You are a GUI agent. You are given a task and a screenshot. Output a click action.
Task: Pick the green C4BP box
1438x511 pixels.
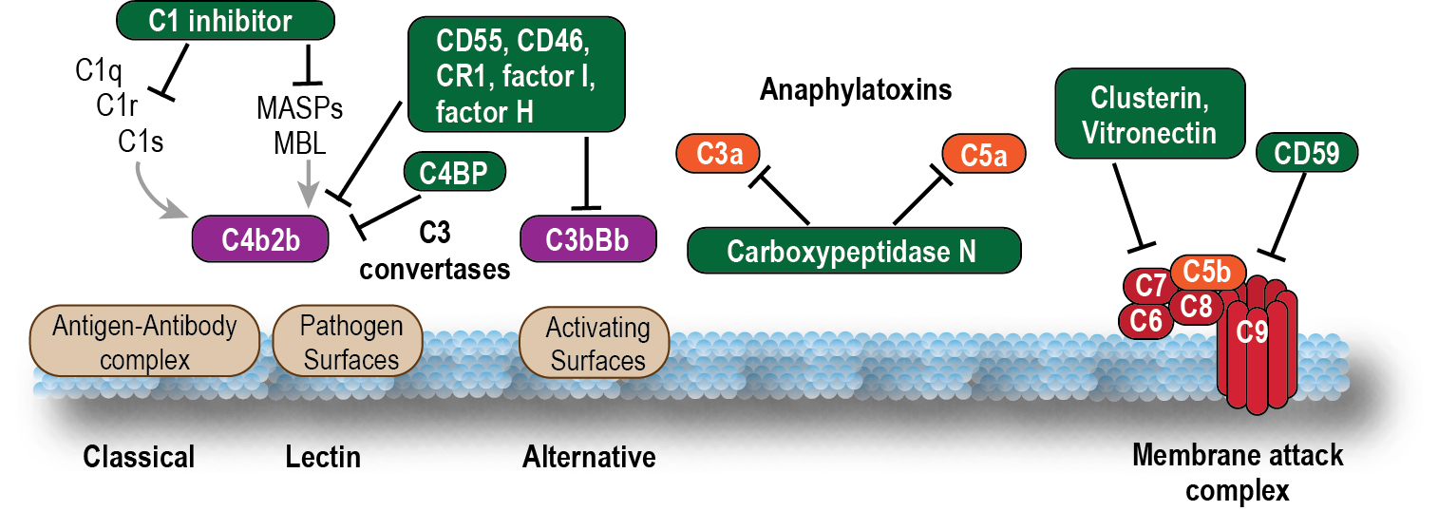[x=454, y=174]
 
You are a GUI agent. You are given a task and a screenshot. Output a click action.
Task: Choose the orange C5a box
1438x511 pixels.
[x=983, y=154]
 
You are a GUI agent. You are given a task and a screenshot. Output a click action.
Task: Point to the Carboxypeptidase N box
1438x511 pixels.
[x=853, y=251]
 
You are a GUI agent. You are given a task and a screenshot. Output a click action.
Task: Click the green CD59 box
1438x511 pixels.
[x=1306, y=154]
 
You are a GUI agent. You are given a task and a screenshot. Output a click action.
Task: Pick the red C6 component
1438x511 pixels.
[x=1146, y=320]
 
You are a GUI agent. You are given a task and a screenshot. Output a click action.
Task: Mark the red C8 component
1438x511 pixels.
[x=1195, y=306]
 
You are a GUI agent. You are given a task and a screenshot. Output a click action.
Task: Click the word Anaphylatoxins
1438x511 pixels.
[x=855, y=91]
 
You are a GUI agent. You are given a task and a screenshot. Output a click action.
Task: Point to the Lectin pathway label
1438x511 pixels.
[x=323, y=458]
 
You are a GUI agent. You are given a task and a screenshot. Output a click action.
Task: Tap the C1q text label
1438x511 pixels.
[x=96, y=69]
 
